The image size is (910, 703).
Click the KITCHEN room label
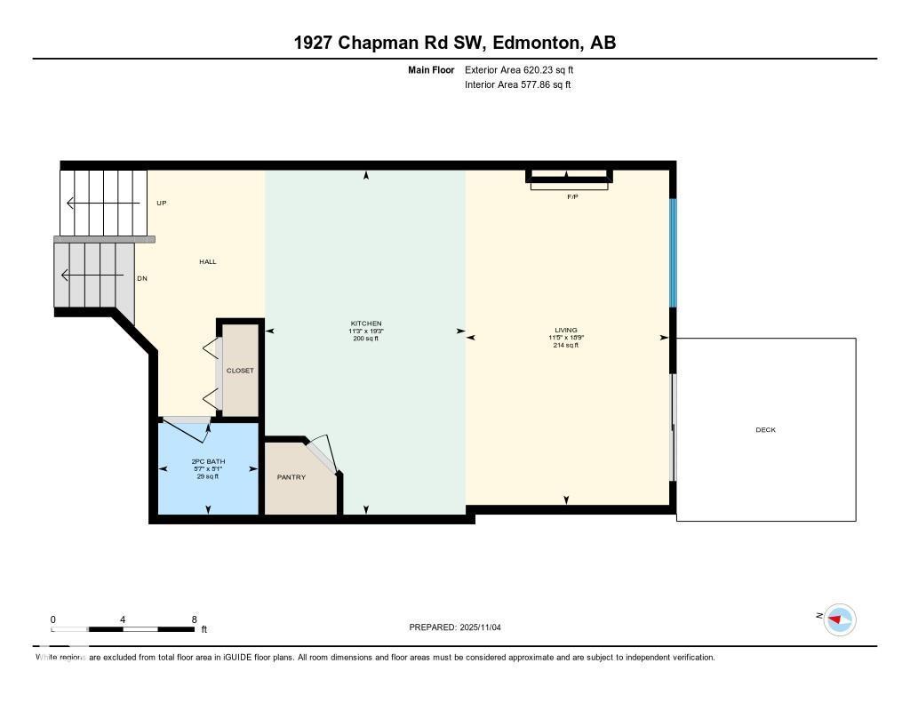365,324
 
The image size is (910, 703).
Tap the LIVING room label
565,330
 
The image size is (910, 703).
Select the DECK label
765,430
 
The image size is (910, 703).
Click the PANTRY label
291,477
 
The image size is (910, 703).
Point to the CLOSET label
240,371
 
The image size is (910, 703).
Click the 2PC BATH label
208,461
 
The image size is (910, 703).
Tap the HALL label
207,261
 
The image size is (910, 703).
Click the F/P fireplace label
572,196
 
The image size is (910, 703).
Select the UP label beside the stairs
162,203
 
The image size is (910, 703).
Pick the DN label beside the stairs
141,278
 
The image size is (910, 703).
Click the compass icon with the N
839,619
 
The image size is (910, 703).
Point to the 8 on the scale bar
194,619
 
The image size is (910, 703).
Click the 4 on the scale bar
123,619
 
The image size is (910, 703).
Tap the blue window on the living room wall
673,252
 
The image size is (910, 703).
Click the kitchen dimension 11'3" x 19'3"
365,332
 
